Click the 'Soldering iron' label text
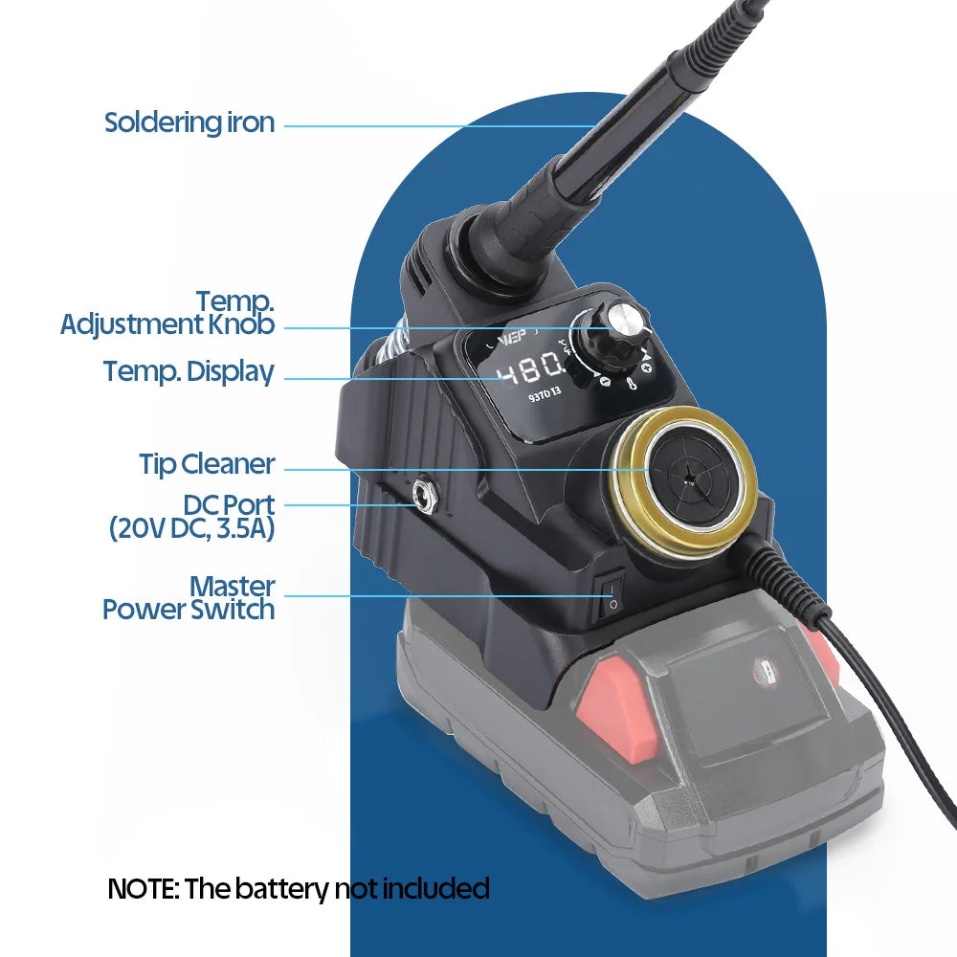coord(189,123)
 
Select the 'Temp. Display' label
coord(189,371)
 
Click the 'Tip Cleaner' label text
coord(207,465)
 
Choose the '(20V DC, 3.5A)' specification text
coord(191,527)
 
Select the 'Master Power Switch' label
coord(189,597)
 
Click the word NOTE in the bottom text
coord(142,889)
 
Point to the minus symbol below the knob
coord(605,381)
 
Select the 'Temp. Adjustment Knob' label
coord(168,313)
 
